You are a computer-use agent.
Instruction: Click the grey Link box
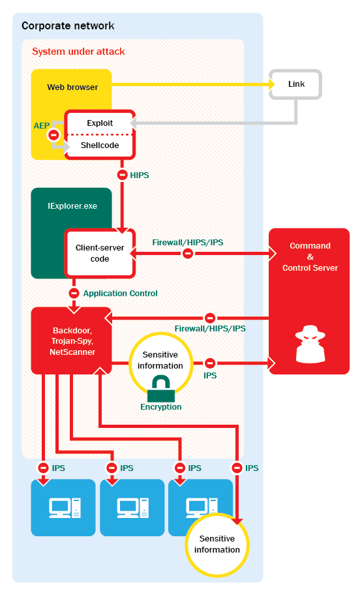click(x=295, y=84)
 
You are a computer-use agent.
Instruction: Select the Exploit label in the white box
click(x=100, y=123)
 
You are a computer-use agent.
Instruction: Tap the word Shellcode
click(x=100, y=145)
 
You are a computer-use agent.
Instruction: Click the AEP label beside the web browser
click(x=41, y=125)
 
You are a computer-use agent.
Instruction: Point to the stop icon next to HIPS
click(x=122, y=175)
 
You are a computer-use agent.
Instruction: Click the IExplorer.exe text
click(x=72, y=206)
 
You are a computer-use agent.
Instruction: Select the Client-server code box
click(x=100, y=253)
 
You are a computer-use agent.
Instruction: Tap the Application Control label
click(x=120, y=294)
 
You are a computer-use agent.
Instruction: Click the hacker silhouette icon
click(x=310, y=344)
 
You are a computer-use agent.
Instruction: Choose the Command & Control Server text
click(x=310, y=257)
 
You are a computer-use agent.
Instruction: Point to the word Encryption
click(x=161, y=407)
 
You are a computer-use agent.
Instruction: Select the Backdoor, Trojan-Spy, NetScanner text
click(x=72, y=341)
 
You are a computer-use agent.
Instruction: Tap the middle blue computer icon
click(x=133, y=508)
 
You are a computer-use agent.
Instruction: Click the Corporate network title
click(x=68, y=25)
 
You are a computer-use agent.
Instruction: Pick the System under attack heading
click(x=78, y=52)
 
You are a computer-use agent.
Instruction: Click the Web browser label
click(x=72, y=87)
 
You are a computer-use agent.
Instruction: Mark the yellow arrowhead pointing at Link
click(x=272, y=84)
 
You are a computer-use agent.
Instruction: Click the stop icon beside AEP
click(x=53, y=134)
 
